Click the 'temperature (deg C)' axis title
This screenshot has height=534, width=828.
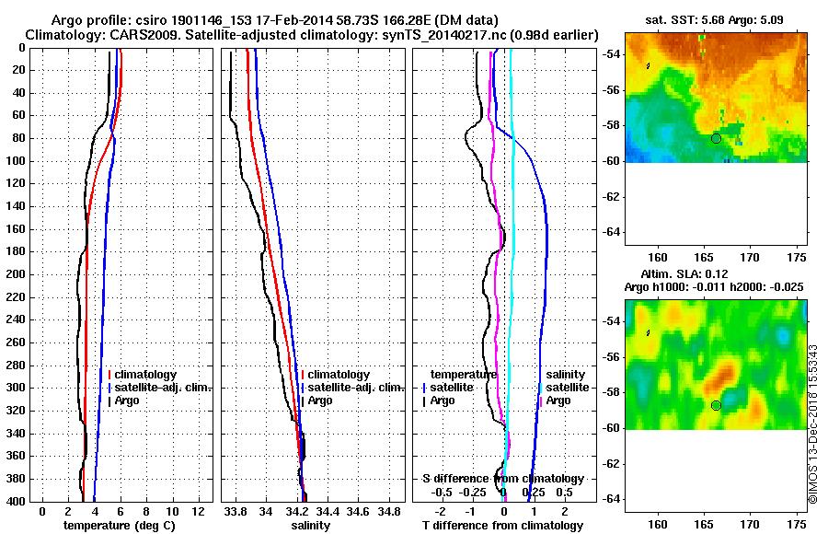tap(119, 525)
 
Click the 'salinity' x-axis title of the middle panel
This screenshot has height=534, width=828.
tap(310, 525)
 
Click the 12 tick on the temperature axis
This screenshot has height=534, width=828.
tap(196, 510)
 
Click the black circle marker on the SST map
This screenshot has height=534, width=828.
tap(716, 138)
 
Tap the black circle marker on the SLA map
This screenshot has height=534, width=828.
tap(716, 405)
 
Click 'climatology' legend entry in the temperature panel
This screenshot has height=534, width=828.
tap(144, 375)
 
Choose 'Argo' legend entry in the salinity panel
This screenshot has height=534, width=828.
tap(320, 400)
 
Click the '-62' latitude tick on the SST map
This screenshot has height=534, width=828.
tap(612, 196)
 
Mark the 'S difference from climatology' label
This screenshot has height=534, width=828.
tap(503, 479)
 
